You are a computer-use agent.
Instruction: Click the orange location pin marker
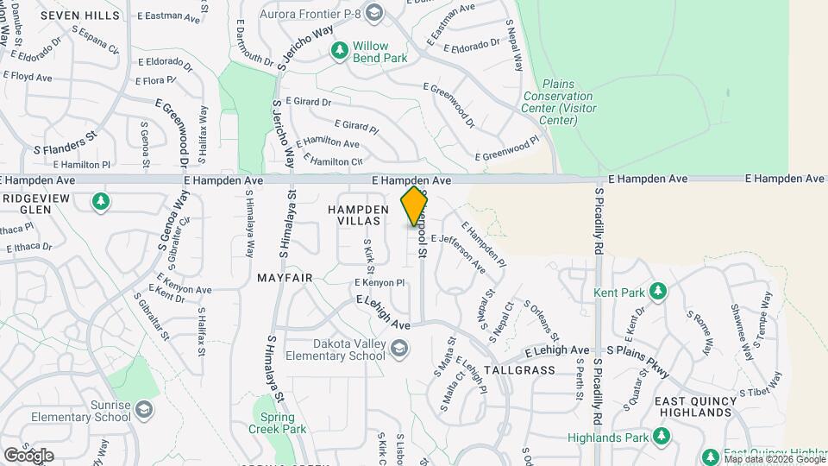414,205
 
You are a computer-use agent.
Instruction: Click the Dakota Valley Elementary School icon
398,349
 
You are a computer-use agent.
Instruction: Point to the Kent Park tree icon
658,291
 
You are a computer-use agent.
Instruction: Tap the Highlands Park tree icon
662,437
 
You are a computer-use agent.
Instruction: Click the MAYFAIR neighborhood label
284,278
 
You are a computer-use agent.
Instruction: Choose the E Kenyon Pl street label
379,282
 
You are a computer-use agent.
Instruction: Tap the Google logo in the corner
28,455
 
